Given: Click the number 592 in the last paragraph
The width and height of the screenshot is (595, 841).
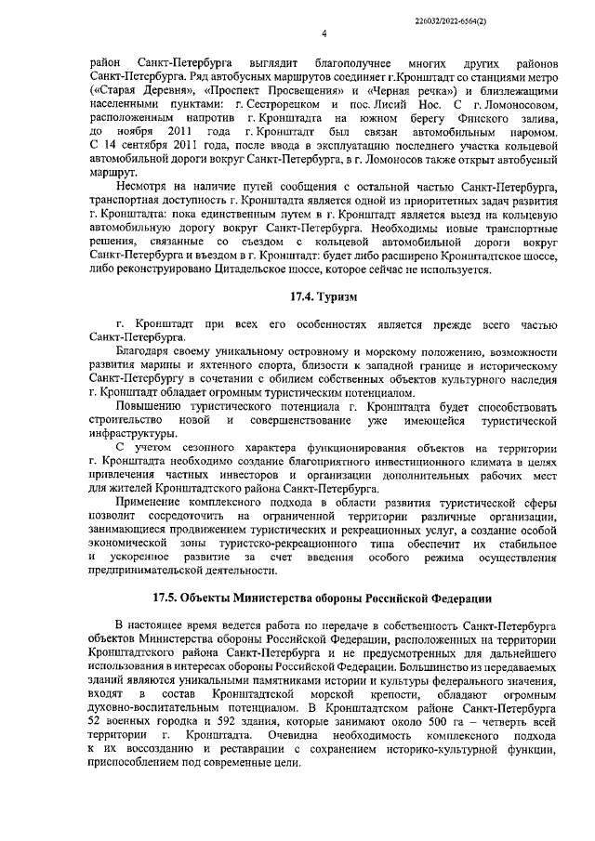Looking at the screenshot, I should tap(209, 723).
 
